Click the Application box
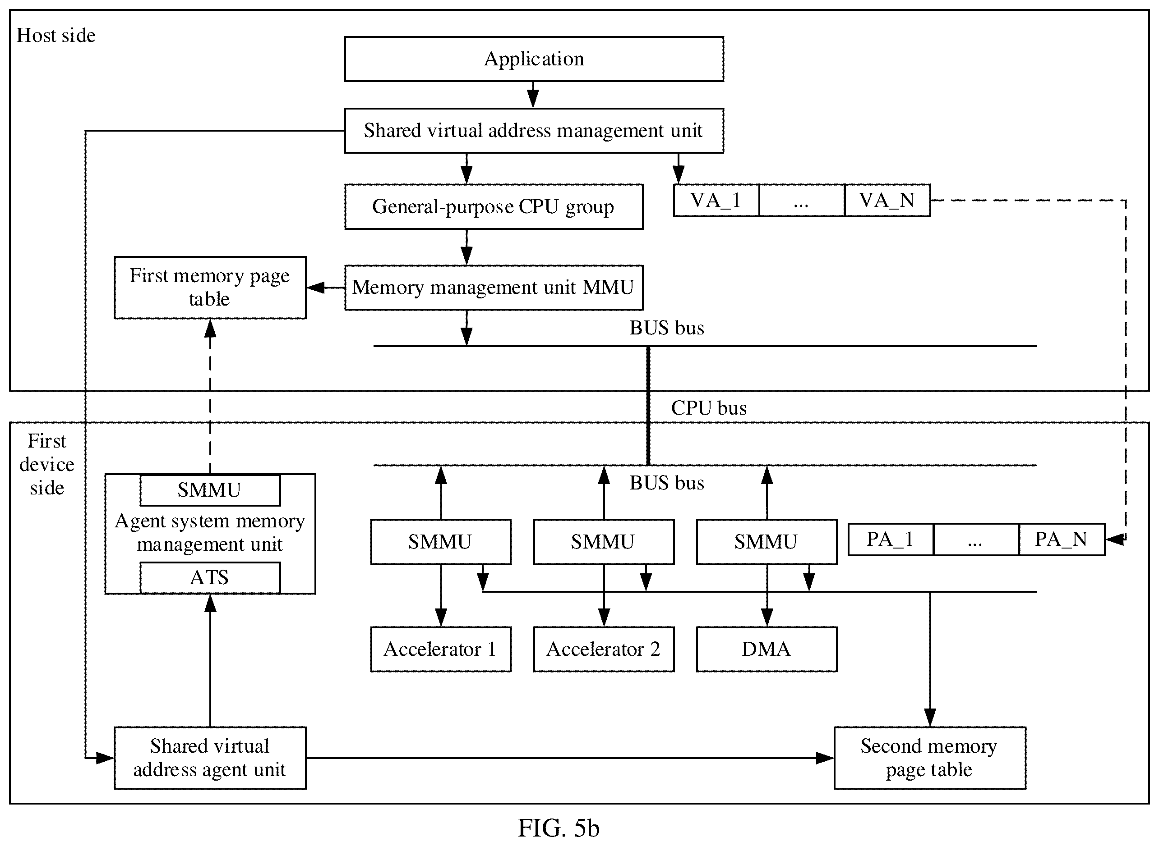[x=534, y=59]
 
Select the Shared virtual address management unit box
[x=534, y=131]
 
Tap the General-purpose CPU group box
[x=494, y=207]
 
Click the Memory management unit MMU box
[x=494, y=287]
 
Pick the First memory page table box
[x=210, y=287]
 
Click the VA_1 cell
[x=716, y=200]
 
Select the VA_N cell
[x=887, y=200]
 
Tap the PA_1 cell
[x=891, y=539]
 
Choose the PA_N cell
[x=1062, y=539]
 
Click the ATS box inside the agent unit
[x=210, y=578]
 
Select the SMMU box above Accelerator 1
[x=441, y=542]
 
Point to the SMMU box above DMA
[x=767, y=542]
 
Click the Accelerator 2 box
[x=604, y=649]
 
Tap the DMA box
[x=767, y=649]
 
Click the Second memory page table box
[x=930, y=758]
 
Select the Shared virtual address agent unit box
[x=210, y=758]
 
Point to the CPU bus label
[x=709, y=408]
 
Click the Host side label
[x=56, y=35]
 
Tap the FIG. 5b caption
[x=559, y=828]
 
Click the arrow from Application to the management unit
[x=533, y=95]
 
